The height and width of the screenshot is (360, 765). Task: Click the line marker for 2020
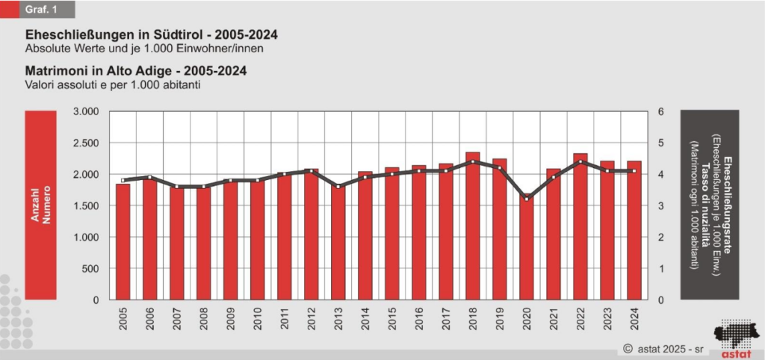pos(526,199)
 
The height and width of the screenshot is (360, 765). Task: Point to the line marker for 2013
pos(338,186)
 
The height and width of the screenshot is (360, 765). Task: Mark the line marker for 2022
pos(580,161)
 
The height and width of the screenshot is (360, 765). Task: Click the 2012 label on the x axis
pos(312,319)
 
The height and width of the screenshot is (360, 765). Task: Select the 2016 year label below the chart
pos(419,319)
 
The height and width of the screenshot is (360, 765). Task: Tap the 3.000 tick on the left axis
pos(87,112)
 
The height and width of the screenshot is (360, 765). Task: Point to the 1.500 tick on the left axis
pos(87,206)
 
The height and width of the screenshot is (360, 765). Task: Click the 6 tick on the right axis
pos(660,112)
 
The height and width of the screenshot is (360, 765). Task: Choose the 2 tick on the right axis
pos(660,238)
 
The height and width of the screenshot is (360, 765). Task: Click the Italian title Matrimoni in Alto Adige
pos(136,71)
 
